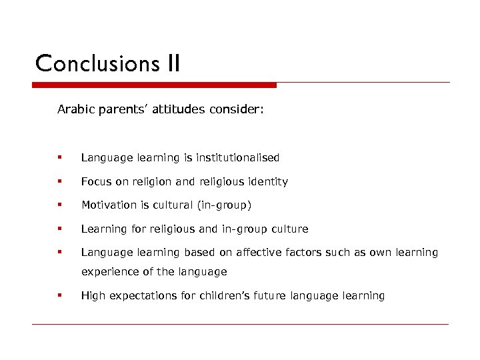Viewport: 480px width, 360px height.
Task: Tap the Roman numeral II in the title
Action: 170,63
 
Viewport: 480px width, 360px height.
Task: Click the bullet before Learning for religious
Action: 60,229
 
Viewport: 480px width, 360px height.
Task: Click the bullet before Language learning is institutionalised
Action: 60,158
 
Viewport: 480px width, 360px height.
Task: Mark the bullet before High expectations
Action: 60,295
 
